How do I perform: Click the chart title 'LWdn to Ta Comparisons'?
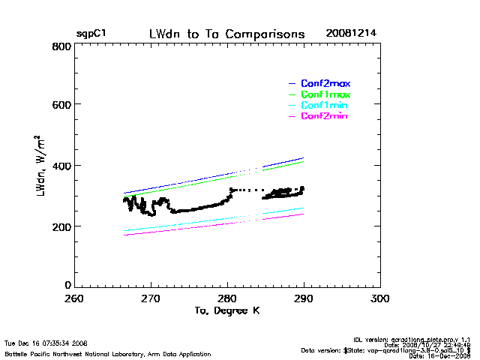226,34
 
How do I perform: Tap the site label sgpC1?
91,34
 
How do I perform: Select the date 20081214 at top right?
352,34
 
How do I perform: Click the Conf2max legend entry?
325,83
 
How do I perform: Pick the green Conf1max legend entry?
325,94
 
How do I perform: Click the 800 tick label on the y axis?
61,46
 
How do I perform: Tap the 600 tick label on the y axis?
61,105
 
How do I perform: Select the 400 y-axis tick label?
61,166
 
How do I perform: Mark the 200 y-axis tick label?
61,226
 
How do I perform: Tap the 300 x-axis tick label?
381,298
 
